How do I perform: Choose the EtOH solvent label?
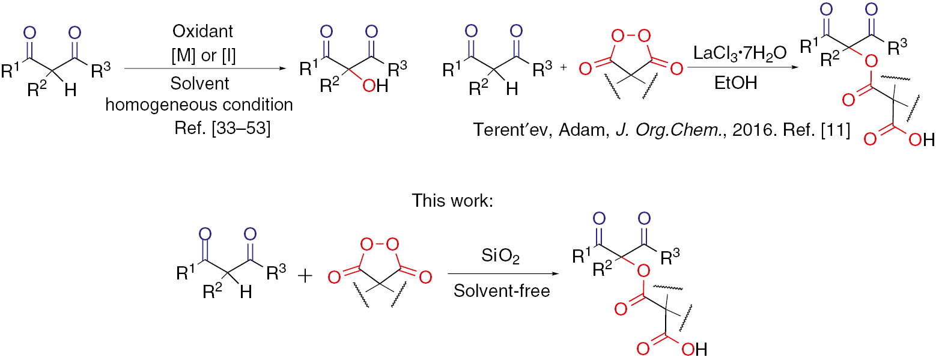click(x=729, y=85)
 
